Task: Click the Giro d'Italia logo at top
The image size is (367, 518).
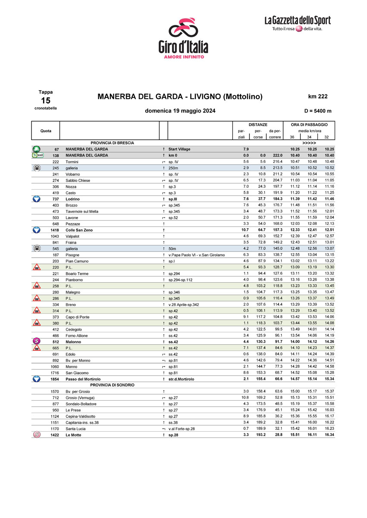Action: pyautogui.click(x=183, y=37)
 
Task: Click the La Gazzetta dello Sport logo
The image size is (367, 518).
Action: pyautogui.click(x=297, y=23)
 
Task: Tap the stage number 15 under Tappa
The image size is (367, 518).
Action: pyautogui.click(x=46, y=101)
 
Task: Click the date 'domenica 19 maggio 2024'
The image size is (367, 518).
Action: pyautogui.click(x=180, y=111)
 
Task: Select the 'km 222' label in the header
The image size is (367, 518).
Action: pyautogui.click(x=317, y=97)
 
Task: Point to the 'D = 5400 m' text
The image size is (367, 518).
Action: pyautogui.click(x=317, y=111)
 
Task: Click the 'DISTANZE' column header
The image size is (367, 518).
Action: pyautogui.click(x=258, y=124)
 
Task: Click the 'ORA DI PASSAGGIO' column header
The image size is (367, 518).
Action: pyautogui.click(x=309, y=124)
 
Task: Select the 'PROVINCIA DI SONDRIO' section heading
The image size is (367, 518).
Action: pyautogui.click(x=112, y=385)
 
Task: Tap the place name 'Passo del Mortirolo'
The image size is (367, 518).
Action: pyautogui.click(x=83, y=379)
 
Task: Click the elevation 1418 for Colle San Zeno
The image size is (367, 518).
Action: pyautogui.click(x=55, y=230)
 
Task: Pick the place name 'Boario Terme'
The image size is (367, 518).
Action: pyautogui.click(x=77, y=273)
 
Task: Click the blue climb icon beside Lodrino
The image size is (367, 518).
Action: pyautogui.click(x=37, y=199)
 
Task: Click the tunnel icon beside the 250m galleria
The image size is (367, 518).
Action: pyautogui.click(x=37, y=168)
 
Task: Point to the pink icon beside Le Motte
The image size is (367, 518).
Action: pyautogui.click(x=37, y=435)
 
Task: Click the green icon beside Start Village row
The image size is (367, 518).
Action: pyautogui.click(x=37, y=149)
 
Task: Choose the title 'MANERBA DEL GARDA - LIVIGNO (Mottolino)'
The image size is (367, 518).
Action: pyautogui.click(x=180, y=97)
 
